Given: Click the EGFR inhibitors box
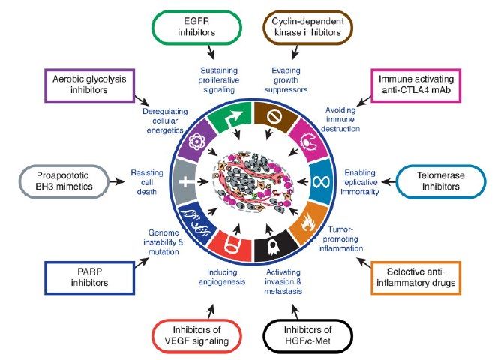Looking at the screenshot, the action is coord(196,27).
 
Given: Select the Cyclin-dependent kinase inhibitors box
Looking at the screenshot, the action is coord(307,27).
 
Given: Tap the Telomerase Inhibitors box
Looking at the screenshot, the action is coord(440,181).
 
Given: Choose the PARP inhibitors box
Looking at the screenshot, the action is coord(89,277).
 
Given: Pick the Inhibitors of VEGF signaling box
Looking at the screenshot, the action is coord(196,335).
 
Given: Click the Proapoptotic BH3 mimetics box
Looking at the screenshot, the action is coord(64,181).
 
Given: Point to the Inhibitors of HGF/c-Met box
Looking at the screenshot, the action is coord(307,335).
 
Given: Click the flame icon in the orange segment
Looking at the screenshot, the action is coord(308,222).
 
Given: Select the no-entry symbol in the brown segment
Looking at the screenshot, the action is coord(274,117).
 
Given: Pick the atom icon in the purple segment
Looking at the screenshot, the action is coord(196,141).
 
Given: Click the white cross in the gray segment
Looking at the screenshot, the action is coord(186,181).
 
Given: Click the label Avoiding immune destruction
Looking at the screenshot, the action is coord(340,119).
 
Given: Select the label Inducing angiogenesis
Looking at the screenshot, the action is coord(222,277).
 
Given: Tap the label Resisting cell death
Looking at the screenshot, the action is coord(147,182).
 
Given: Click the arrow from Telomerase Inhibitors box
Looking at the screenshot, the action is coord(388,181).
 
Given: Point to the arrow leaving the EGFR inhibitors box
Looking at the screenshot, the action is coord(211,52).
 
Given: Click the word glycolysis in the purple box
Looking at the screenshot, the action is coord(106,79).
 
